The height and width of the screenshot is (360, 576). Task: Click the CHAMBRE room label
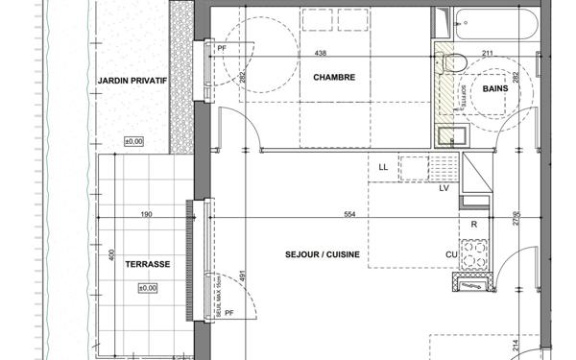point(334,78)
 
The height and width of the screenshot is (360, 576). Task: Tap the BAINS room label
point(495,88)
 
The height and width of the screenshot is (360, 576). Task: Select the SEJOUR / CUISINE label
point(322,254)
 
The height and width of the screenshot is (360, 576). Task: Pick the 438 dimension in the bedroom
point(322,54)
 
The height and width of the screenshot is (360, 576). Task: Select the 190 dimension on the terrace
point(147,215)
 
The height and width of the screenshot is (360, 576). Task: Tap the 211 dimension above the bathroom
point(487,54)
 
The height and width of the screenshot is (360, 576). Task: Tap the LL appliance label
point(384,167)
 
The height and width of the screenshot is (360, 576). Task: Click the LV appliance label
point(444,187)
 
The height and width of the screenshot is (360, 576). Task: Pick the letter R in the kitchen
point(473,225)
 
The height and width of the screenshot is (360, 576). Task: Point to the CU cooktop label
point(449,253)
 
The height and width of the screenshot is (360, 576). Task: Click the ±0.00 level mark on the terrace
point(148,288)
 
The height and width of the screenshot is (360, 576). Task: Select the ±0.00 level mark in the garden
point(133,142)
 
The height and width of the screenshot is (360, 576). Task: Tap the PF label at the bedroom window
point(222,47)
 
